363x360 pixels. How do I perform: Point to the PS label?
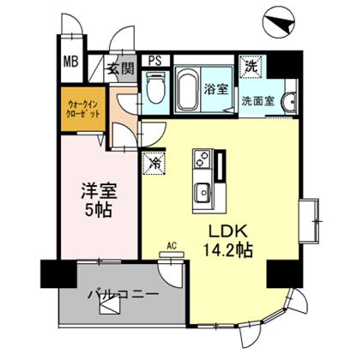(x=155, y=60)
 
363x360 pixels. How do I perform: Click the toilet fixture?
(x=155, y=88)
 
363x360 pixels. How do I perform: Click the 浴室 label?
(x=215, y=88)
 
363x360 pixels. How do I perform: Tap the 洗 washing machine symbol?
(x=251, y=65)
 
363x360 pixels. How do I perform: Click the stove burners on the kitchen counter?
(x=203, y=159)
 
